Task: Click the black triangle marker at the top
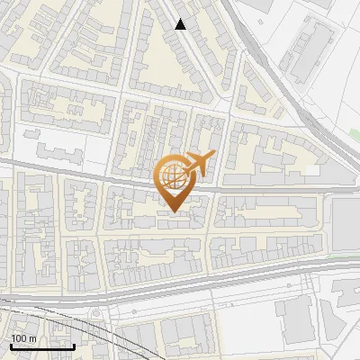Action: [x=181, y=24]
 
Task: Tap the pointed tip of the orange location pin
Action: [x=173, y=211]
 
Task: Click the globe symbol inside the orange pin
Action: [x=173, y=178]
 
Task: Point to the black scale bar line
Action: [x=42, y=346]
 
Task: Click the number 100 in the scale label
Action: [x=19, y=338]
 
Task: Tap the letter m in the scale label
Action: [x=31, y=338]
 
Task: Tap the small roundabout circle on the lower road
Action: [x=94, y=311]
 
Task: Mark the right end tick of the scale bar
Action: [x=74, y=345]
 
